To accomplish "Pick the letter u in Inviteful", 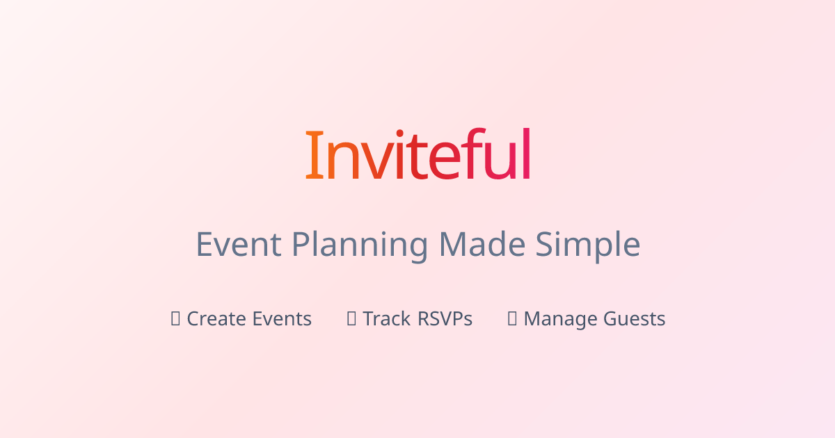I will click(x=500, y=161).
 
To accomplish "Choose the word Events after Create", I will click(x=282, y=319).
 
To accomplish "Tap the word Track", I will click(x=386, y=319).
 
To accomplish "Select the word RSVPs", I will click(x=445, y=319).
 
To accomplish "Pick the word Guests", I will click(x=634, y=319).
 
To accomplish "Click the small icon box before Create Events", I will click(x=176, y=318).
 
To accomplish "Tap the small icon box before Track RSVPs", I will click(x=352, y=318).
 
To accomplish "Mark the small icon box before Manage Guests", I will click(x=513, y=318).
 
